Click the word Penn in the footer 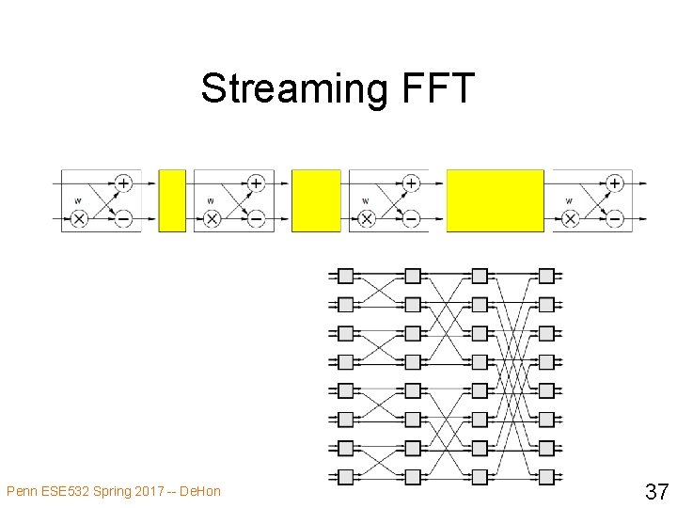point(22,491)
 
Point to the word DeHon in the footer point(199,491)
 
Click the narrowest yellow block point(173,200)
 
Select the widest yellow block point(495,200)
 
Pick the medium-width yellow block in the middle point(316,200)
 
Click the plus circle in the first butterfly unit point(123,183)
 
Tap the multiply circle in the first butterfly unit point(79,218)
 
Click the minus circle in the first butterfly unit point(123,218)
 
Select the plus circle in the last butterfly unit point(615,183)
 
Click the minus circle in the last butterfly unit point(615,218)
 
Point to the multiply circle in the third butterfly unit point(367,218)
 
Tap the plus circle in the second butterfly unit point(256,183)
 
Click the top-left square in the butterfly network point(345,276)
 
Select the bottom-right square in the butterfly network point(547,475)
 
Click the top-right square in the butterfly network point(547,276)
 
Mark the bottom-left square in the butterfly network point(345,475)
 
